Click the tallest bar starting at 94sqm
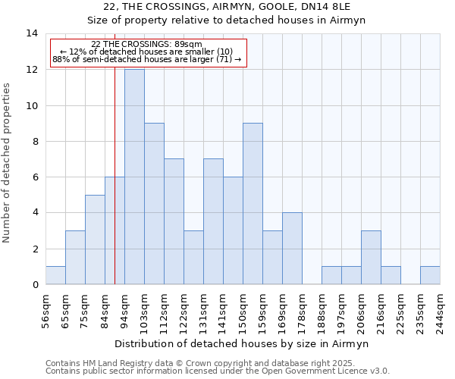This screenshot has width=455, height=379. [x=134, y=177]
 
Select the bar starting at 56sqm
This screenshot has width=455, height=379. [x=55, y=275]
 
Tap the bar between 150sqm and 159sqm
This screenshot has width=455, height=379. [x=253, y=204]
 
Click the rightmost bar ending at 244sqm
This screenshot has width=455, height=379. [x=430, y=275]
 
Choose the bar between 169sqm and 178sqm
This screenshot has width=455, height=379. [x=292, y=249]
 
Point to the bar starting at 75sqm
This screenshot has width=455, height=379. [x=95, y=240]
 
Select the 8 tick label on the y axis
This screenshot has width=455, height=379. [x=34, y=141]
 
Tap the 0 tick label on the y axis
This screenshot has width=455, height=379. [x=34, y=285]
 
